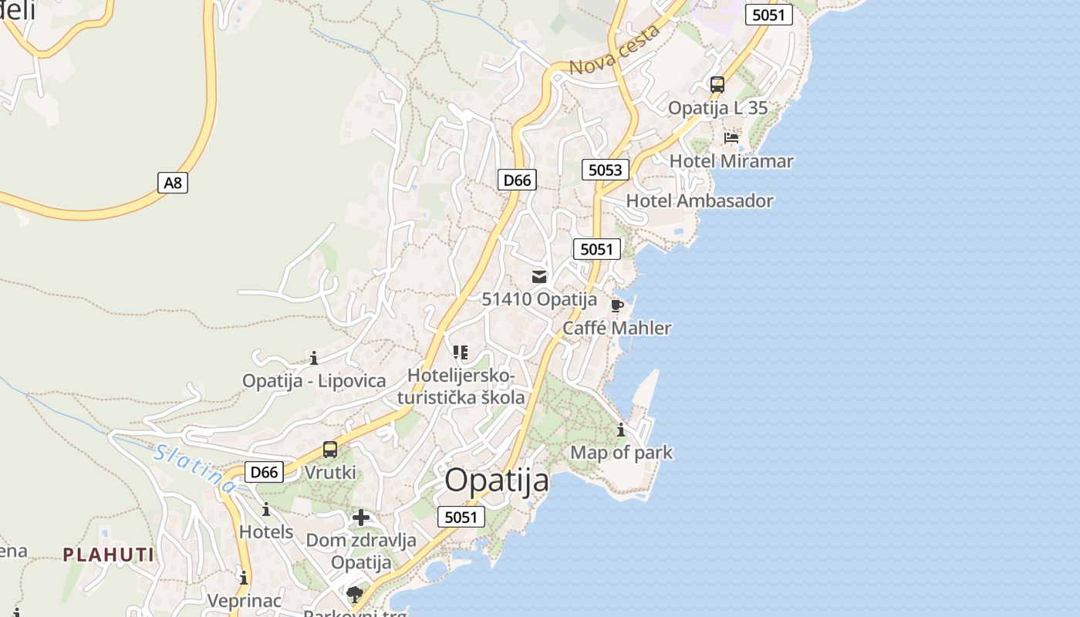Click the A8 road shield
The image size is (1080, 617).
pyautogui.click(x=174, y=183)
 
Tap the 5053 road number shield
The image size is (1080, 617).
pyautogui.click(x=605, y=170)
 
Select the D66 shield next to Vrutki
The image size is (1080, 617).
pyautogui.click(x=264, y=472)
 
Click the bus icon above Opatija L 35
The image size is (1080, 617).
pyautogui.click(x=717, y=85)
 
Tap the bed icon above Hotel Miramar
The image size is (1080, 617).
pyautogui.click(x=731, y=138)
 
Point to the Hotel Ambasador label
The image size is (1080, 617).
pyautogui.click(x=699, y=201)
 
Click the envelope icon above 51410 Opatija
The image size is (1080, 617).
pyautogui.click(x=539, y=276)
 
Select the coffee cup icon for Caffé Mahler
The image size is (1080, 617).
pyautogui.click(x=616, y=305)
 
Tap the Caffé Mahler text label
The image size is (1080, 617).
pyautogui.click(x=616, y=329)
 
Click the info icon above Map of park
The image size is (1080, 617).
pyautogui.click(x=621, y=430)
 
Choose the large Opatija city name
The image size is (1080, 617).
pyautogui.click(x=497, y=480)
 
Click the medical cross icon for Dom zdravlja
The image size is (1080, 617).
pyautogui.click(x=360, y=518)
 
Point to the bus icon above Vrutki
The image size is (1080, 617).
pyautogui.click(x=330, y=450)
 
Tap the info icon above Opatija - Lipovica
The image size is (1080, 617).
pyautogui.click(x=314, y=358)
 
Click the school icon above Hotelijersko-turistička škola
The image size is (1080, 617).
pyautogui.click(x=461, y=353)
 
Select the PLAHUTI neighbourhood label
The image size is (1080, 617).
pyautogui.click(x=109, y=555)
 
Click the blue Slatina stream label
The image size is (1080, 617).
pyautogui.click(x=195, y=469)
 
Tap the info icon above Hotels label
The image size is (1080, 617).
pyautogui.click(x=266, y=510)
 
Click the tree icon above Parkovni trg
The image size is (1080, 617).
pyautogui.click(x=355, y=594)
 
